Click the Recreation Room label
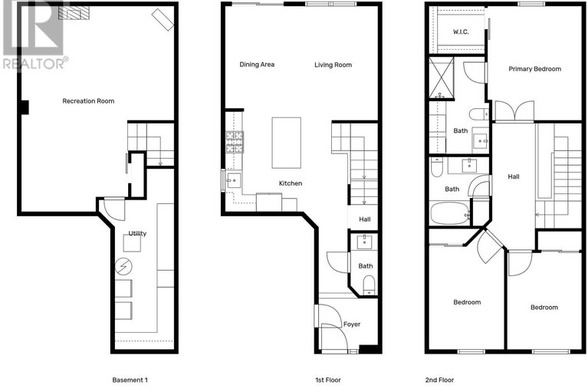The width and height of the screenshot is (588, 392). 88,101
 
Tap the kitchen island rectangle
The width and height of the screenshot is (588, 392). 287,143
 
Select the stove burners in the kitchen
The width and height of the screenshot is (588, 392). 235,142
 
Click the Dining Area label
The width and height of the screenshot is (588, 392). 257,64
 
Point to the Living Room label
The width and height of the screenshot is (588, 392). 333,65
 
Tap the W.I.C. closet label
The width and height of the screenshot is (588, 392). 461,32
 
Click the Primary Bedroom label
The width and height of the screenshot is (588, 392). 535,69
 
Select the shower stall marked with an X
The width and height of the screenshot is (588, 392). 442,77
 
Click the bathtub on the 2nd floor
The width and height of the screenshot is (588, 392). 450,213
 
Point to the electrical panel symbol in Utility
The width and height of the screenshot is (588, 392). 123,266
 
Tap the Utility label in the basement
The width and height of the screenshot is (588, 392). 137,233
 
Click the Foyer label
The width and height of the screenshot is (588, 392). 352,324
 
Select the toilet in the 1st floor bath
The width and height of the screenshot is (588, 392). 369,285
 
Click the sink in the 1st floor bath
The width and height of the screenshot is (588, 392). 364,242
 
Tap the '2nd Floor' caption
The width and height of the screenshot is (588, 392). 439,380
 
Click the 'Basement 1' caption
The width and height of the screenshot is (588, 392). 130,380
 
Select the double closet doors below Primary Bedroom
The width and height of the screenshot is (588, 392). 514,110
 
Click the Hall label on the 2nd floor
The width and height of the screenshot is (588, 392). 514,176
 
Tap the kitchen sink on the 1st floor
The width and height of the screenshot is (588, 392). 234,181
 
